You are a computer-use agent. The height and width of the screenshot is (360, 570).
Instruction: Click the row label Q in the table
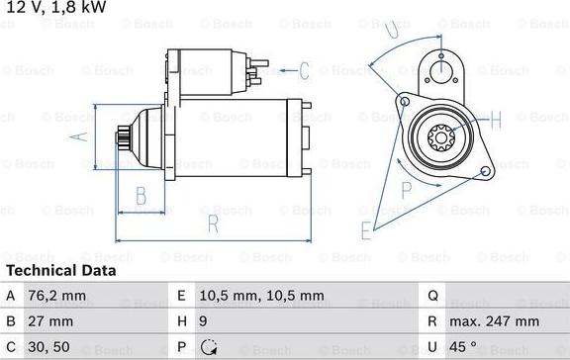(x=431, y=295)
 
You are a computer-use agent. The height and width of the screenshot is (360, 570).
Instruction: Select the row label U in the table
(x=431, y=347)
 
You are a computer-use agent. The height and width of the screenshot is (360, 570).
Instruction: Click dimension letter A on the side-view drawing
(x=82, y=137)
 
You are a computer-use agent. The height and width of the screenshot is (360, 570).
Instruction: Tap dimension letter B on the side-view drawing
(x=141, y=194)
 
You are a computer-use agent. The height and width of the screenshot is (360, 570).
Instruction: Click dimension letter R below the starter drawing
(x=212, y=225)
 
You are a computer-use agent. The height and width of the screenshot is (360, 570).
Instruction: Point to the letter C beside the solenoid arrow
(x=305, y=70)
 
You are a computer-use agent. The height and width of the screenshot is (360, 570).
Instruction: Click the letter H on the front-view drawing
(x=496, y=120)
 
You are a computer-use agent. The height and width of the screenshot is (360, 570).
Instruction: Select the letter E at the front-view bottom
(x=366, y=231)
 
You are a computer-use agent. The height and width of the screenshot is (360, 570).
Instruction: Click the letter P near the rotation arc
(x=407, y=187)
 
